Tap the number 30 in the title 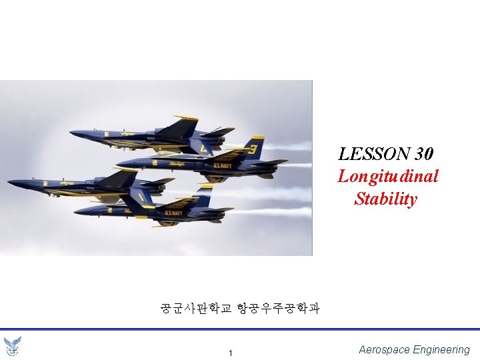click(424, 155)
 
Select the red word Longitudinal click(388, 177)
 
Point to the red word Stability click(386, 199)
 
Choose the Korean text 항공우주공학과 click(278, 308)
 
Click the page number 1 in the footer click(230, 353)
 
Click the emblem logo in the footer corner click(12, 346)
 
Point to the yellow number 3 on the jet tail click(253, 149)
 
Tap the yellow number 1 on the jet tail click(141, 197)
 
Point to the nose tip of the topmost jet click(71, 133)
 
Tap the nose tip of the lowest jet click(75, 211)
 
